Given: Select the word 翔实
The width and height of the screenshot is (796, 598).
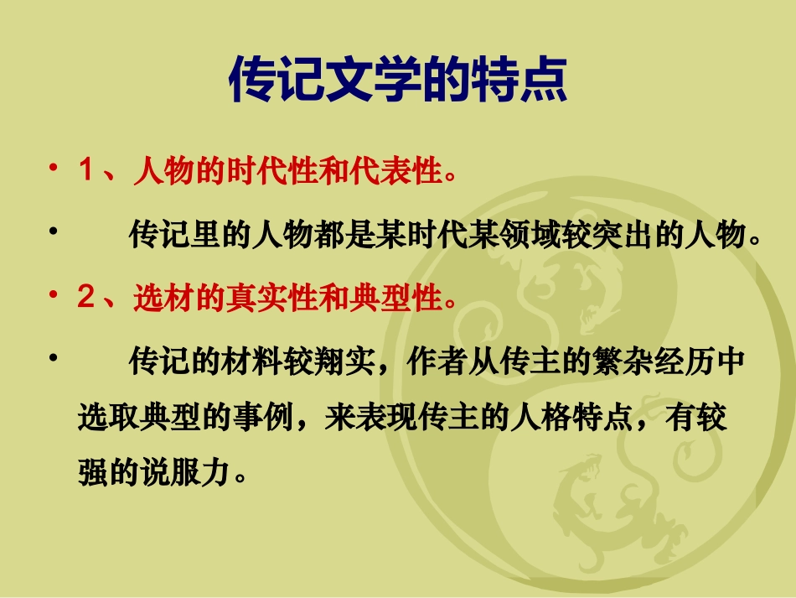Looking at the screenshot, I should [346, 363].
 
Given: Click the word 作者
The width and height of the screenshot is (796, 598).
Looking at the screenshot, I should [430, 363].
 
